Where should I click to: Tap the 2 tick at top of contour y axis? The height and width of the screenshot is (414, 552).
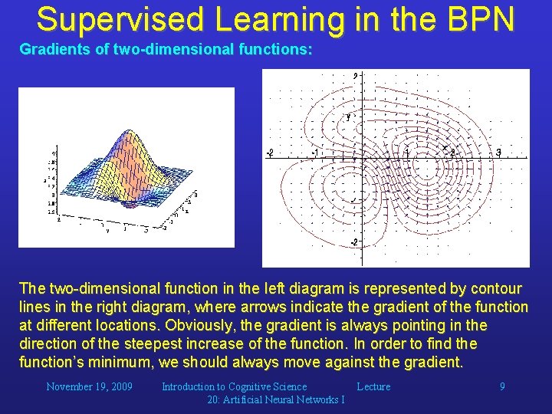tap(356, 75)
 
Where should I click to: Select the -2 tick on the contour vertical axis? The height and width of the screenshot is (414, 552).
tap(354, 242)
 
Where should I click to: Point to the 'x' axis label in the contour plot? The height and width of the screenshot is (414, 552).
tap(445, 147)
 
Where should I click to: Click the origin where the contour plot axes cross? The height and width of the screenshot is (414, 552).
tap(362, 159)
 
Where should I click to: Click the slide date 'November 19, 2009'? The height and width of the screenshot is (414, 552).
tap(89, 386)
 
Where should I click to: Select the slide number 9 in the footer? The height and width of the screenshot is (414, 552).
tap(502, 386)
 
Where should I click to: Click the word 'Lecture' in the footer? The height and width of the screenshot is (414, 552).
tap(373, 386)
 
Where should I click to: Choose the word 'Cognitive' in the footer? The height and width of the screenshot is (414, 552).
tap(253, 386)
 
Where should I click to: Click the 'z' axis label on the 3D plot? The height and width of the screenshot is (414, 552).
tap(45, 181)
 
